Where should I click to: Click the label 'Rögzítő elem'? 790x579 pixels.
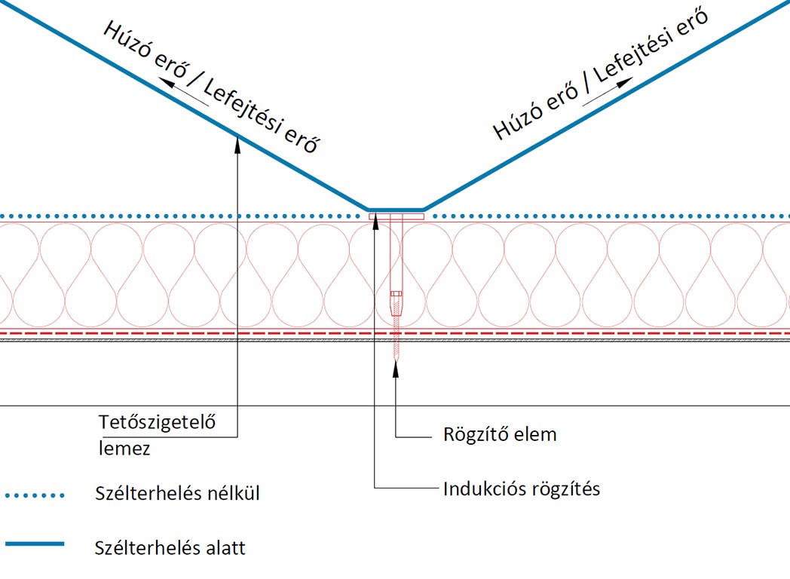(x=500, y=435)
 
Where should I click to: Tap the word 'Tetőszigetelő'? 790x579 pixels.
(x=158, y=422)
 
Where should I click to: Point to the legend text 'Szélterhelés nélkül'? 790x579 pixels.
(x=178, y=495)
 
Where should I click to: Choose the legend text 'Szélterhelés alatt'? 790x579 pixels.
(x=170, y=547)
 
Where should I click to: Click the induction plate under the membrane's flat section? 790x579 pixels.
(x=397, y=217)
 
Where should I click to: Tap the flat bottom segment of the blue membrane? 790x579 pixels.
(x=396, y=209)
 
